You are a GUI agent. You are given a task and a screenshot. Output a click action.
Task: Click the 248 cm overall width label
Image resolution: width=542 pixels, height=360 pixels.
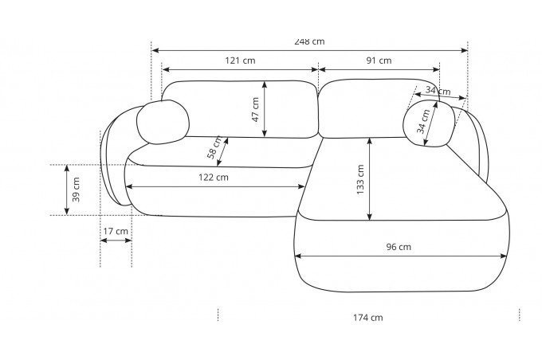[x=309, y=41]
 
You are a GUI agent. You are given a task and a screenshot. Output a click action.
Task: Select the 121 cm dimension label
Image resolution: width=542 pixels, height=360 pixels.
[x=240, y=61]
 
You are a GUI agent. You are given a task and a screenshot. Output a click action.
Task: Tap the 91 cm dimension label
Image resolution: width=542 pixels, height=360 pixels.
[x=379, y=61]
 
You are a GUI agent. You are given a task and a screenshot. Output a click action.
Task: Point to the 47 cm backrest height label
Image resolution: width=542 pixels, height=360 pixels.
[x=255, y=110]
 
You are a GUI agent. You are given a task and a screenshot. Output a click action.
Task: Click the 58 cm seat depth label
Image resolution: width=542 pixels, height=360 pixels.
[x=214, y=147]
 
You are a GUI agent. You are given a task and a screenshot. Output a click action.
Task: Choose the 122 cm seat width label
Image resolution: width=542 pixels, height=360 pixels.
[x=214, y=178]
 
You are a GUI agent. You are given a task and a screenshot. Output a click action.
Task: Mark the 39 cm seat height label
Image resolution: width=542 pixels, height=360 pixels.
[x=76, y=190]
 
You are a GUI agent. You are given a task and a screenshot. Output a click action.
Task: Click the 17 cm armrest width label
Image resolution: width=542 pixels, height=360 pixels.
[x=116, y=231]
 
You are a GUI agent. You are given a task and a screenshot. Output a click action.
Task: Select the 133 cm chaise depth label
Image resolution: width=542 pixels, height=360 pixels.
[x=360, y=180]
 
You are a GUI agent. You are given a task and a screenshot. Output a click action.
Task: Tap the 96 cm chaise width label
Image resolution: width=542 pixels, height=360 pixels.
[x=399, y=247]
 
